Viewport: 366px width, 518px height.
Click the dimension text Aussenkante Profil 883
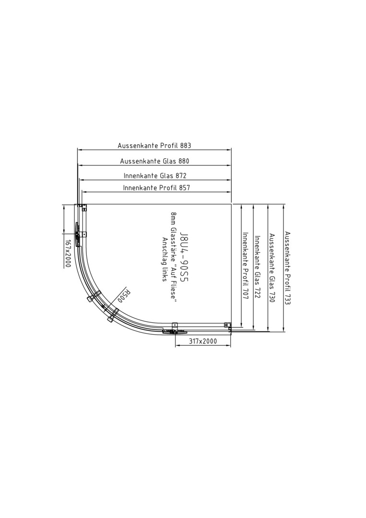pyautogui.click(x=154, y=145)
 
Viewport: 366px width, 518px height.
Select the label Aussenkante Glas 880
pyautogui.click(x=154, y=161)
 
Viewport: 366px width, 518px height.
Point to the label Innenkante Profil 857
pyautogui.click(x=156, y=188)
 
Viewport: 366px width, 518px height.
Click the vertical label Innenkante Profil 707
pyautogui.click(x=246, y=266)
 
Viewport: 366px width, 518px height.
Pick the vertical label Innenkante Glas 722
pyautogui.click(x=257, y=266)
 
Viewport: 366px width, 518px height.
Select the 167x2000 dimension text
pyautogui.click(x=68, y=254)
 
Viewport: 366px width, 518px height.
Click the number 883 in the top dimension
pyautogui.click(x=186, y=145)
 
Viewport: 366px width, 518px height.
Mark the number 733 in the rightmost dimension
pyautogui.click(x=287, y=299)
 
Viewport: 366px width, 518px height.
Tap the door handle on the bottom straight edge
pyautogui.click(x=175, y=331)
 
